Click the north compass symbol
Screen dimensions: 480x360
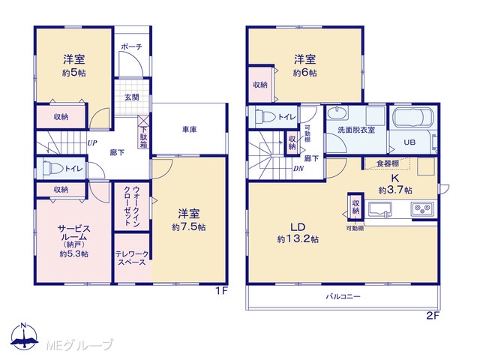coord(24,336)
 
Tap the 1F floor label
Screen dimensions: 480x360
coord(222,290)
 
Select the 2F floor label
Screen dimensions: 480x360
coord(433,315)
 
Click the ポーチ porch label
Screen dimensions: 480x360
coord(132,46)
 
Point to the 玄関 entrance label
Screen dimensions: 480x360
coord(132,97)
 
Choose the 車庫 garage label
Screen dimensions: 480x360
coord(189,130)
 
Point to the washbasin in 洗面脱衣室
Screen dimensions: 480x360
coord(337,113)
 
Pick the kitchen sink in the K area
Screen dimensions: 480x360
coord(380,210)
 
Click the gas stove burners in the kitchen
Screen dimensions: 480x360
coord(422,210)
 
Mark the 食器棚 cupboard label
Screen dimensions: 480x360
coord(387,163)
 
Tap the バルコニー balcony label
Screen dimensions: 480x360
coord(343,296)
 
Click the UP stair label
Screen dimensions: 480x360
coord(92,143)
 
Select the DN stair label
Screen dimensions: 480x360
coord(298,168)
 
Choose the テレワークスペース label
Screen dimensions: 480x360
coord(132,258)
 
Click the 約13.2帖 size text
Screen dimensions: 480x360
coord(298,239)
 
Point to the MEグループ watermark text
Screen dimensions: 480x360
coord(79,345)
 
